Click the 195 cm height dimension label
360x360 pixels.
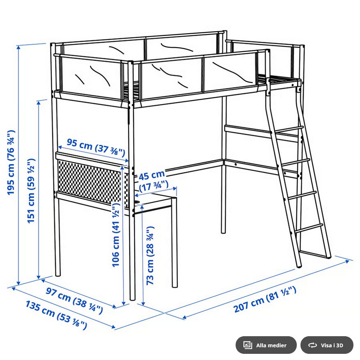(11, 163)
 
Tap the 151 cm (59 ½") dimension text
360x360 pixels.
(31, 190)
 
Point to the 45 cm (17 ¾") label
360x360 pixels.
(153, 181)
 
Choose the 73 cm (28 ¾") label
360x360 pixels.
(150, 256)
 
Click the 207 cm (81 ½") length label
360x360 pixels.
(265, 299)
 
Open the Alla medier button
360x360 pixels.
(266, 345)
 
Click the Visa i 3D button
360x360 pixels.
(327, 345)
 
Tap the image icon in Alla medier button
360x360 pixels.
(248, 345)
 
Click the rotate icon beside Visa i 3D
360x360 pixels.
(312, 345)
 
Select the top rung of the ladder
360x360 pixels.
(289, 129)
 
